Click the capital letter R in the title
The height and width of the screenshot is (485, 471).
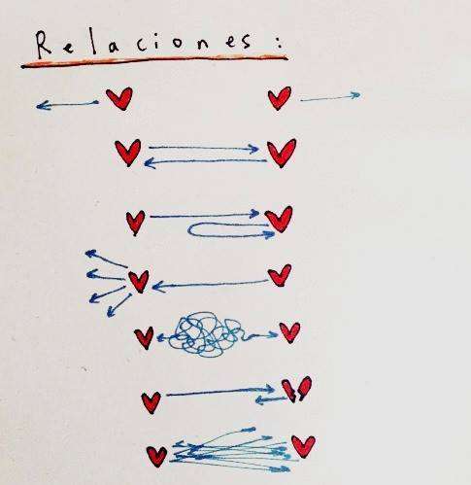[x=43, y=45]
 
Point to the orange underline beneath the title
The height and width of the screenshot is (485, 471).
[x=154, y=61]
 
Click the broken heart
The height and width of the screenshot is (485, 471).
[x=296, y=389]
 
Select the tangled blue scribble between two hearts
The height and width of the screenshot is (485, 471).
[x=207, y=334]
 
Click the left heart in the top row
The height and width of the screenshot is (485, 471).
[x=119, y=98]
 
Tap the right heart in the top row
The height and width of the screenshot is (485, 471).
[x=280, y=98]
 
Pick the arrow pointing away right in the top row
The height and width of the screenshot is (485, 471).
[x=330, y=97]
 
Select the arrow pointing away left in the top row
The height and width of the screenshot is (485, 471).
[x=67, y=104]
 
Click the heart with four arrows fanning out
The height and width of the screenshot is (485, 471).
[x=139, y=281]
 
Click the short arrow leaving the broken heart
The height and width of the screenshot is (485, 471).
[x=271, y=400]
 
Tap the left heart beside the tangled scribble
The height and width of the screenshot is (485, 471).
[x=144, y=337]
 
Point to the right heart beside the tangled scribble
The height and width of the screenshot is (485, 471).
[x=289, y=332]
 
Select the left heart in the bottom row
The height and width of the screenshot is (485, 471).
[x=156, y=456]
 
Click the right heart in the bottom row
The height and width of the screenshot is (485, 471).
[x=303, y=446]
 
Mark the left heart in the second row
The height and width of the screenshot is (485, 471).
[x=128, y=153]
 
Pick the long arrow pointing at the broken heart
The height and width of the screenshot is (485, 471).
[x=220, y=392]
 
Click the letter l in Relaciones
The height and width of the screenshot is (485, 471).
[x=94, y=42]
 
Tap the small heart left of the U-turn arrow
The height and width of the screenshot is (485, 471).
[x=135, y=223]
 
